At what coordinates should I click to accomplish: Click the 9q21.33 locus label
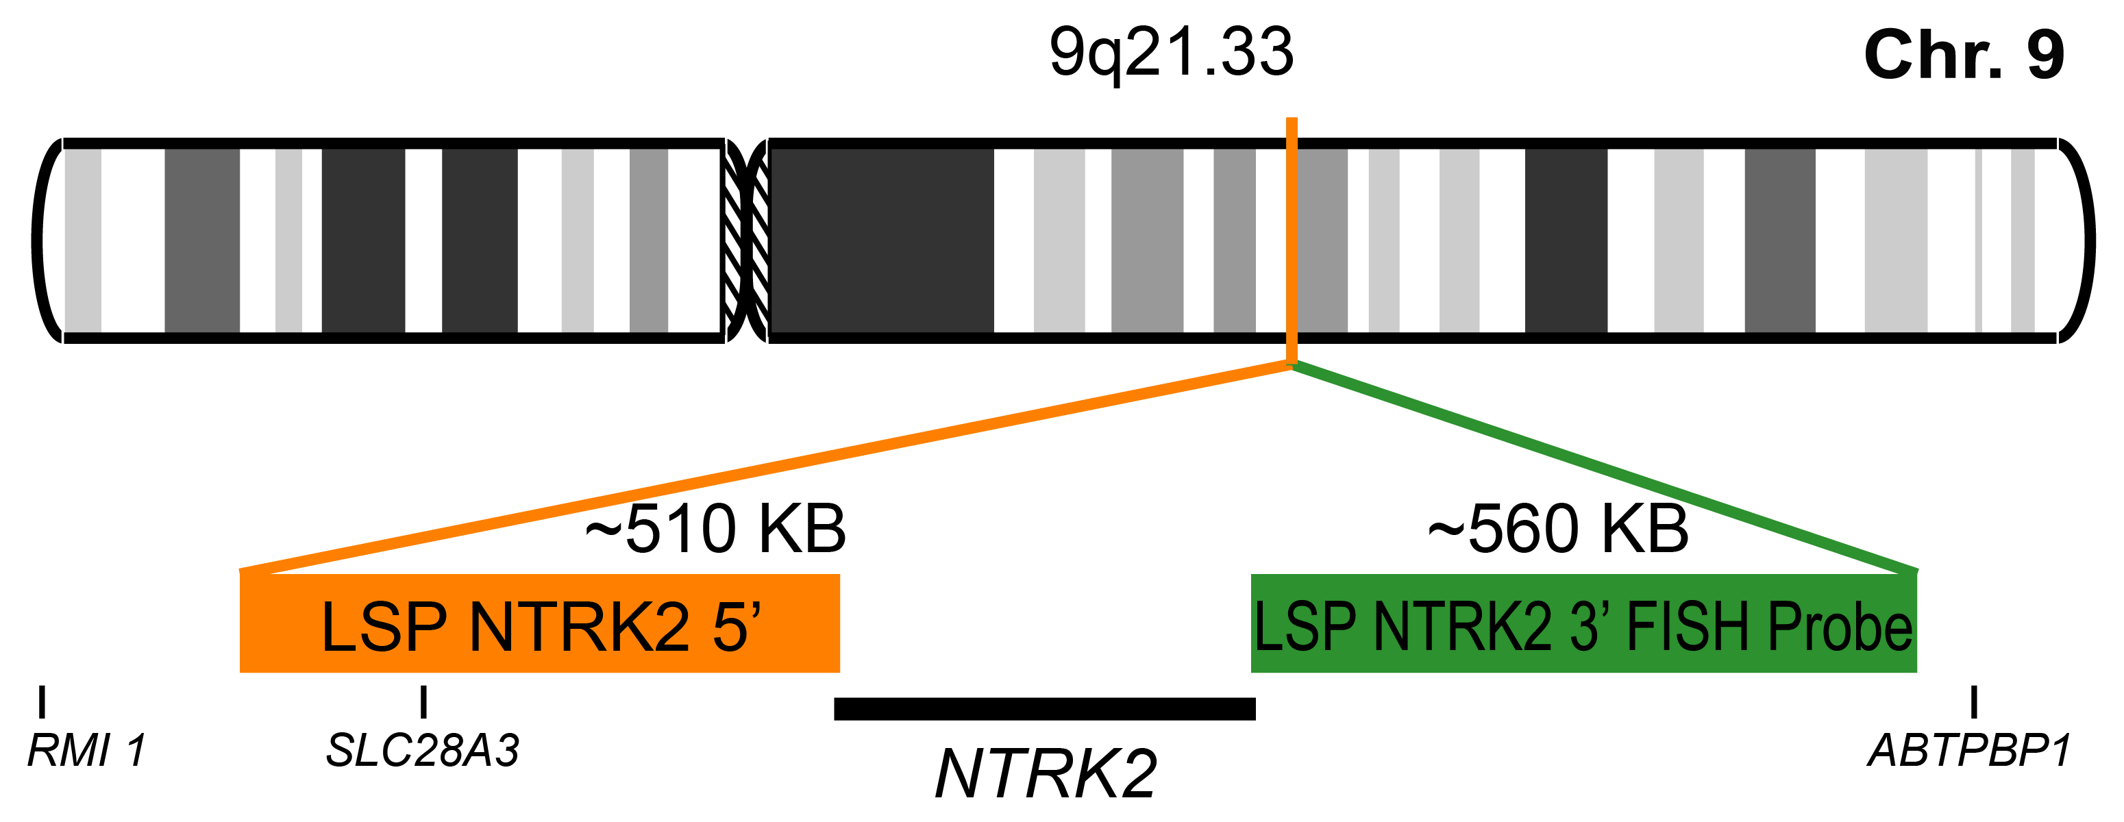[x=1170, y=53]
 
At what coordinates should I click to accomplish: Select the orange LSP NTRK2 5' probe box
[x=539, y=624]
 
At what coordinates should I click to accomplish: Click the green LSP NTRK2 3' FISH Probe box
[x=1583, y=624]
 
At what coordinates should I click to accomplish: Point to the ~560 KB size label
[x=1557, y=529]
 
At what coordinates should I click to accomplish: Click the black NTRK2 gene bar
[x=1044, y=709]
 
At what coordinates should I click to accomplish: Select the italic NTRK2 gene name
[x=1046, y=774]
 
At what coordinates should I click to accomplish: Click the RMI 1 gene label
[x=86, y=751]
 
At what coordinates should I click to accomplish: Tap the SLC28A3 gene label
[x=422, y=751]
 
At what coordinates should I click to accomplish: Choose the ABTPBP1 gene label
[x=1968, y=751]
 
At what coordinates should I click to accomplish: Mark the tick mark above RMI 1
[x=42, y=701]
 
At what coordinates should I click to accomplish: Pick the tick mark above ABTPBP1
[x=1974, y=701]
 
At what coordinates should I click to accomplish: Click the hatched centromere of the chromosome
[x=746, y=240]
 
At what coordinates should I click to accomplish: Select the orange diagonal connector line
[x=767, y=466]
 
